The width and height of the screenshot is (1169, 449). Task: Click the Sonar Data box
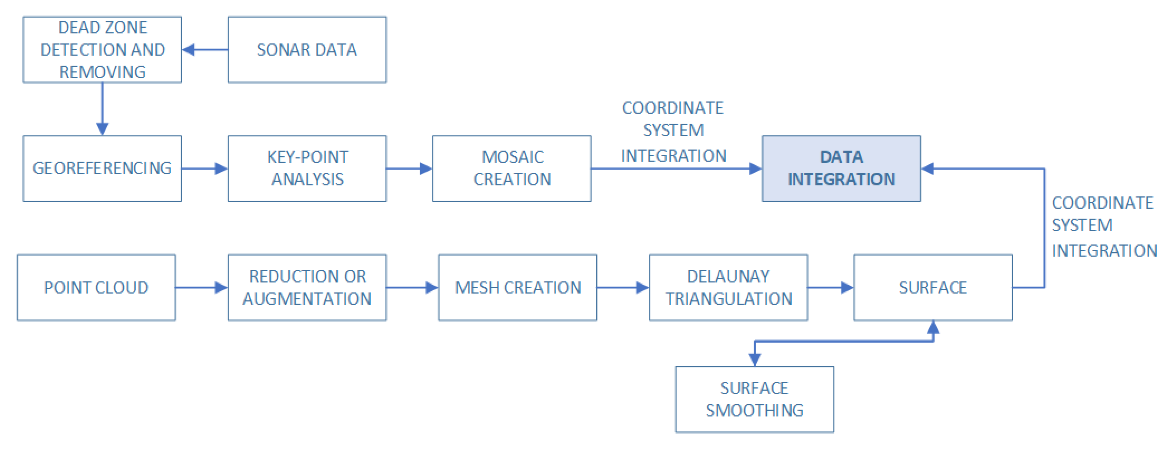[307, 50]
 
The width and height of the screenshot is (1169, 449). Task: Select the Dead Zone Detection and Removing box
[102, 50]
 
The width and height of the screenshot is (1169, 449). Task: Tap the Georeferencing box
[102, 168]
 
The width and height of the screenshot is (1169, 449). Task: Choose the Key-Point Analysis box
[307, 168]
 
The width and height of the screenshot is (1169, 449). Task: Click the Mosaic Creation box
[511, 168]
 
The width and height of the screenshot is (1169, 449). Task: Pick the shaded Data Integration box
[841, 168]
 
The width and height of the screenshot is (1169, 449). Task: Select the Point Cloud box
[96, 287]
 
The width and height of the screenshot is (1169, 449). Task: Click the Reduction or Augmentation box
[307, 287]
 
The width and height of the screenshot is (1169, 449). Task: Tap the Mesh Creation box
[517, 287]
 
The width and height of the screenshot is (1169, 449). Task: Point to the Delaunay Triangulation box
[728, 287]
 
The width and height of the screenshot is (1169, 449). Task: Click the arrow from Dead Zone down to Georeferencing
[102, 109]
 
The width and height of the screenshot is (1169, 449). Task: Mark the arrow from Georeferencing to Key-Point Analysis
[204, 169]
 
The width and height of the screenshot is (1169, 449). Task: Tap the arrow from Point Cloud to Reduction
[201, 287]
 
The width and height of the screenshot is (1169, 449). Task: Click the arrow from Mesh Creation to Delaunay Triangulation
[623, 287]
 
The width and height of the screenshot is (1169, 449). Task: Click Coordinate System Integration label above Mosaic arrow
[673, 132]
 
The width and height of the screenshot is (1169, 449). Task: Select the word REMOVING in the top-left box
[102, 72]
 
